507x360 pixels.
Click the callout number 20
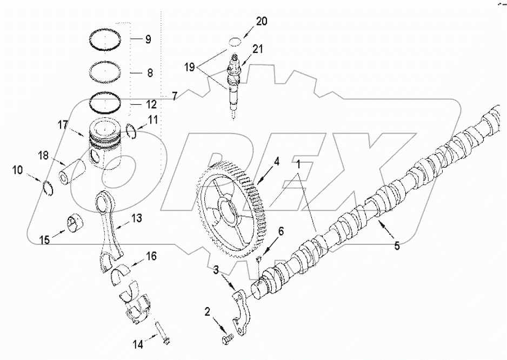click(x=262, y=22)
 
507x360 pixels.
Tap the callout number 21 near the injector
click(x=258, y=50)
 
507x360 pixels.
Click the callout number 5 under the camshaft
click(x=397, y=246)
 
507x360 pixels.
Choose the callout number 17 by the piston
click(x=63, y=124)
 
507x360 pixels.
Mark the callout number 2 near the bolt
click(x=207, y=311)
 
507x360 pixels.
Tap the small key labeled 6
click(x=258, y=260)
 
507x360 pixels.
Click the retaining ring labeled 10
click(x=49, y=188)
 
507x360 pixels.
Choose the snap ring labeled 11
click(x=130, y=130)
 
